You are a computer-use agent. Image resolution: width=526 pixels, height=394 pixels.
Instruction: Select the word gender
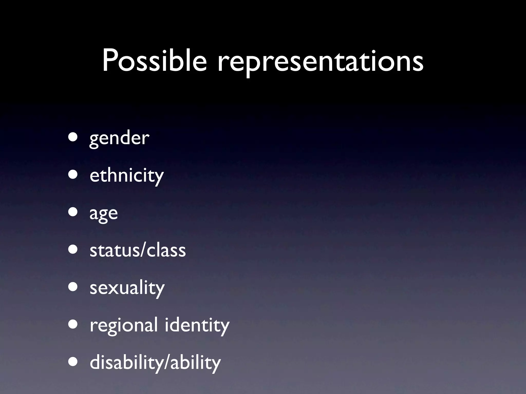[119, 139]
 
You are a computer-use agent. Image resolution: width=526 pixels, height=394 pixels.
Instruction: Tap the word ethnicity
[127, 176]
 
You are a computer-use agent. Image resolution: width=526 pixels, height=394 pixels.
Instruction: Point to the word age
[104, 214]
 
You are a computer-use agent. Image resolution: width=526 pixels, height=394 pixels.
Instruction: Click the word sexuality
[127, 288]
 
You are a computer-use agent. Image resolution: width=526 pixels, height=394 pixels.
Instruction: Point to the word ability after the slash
[195, 362]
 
